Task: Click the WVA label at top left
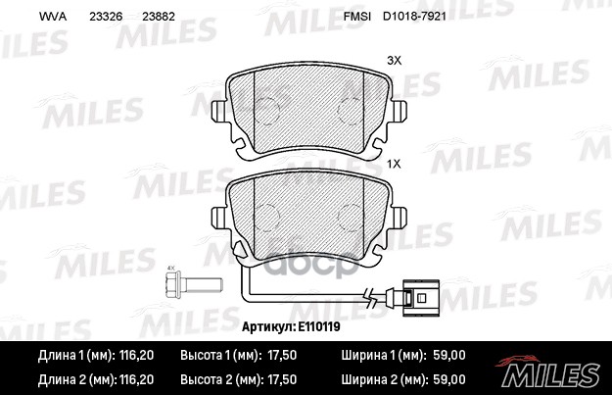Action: [51, 18]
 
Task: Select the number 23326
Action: [106, 18]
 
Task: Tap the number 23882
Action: [159, 18]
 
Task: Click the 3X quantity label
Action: [395, 60]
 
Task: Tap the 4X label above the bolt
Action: [170, 269]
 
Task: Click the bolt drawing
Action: [183, 289]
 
